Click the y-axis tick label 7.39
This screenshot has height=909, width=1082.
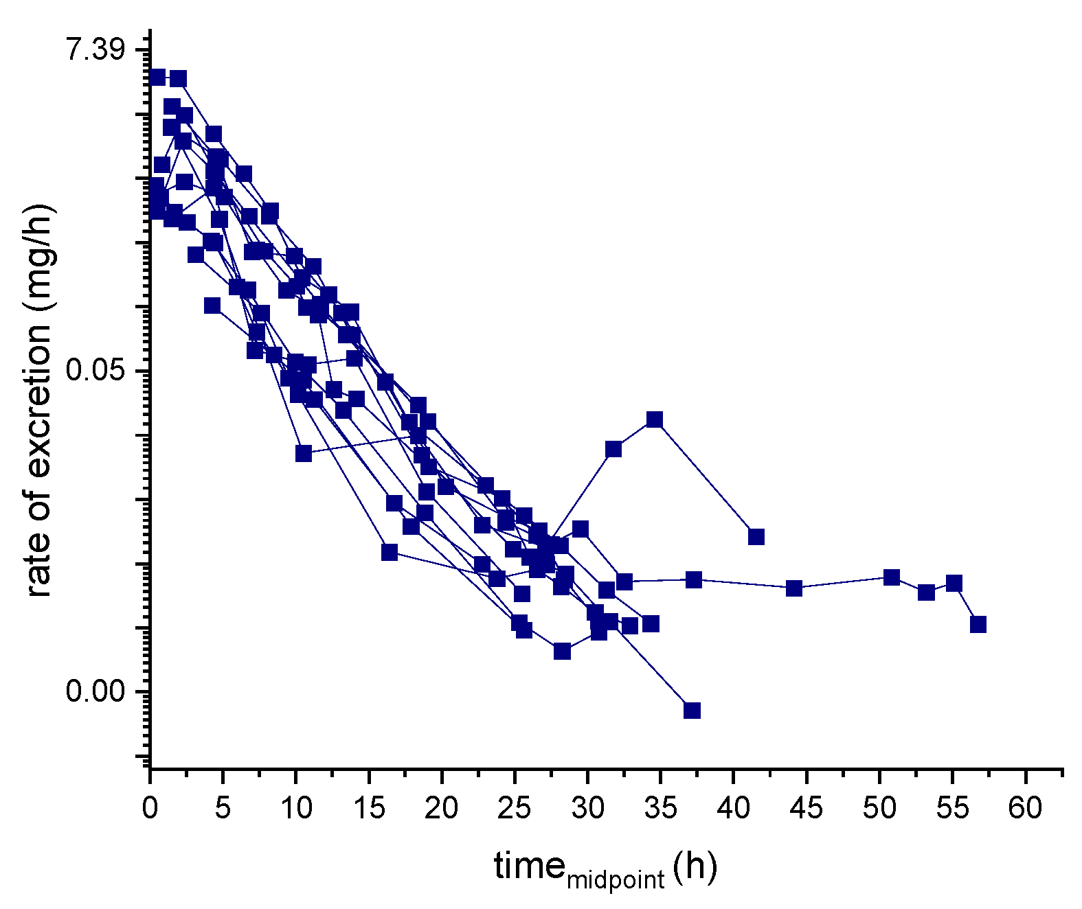pos(96,51)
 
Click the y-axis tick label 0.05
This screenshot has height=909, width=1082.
pos(96,371)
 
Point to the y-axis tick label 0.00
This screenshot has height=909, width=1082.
pos(96,691)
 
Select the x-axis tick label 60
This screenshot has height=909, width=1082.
pos(1025,809)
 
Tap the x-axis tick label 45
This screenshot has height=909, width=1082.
pos(806,809)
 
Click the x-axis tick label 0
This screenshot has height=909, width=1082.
pos(150,809)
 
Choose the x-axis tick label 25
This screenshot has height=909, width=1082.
pos(514,809)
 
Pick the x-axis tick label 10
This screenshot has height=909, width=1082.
pos(295,809)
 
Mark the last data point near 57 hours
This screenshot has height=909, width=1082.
pos(978,624)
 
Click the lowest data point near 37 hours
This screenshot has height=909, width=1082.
pos(692,710)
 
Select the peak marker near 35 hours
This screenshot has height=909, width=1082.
pos(655,419)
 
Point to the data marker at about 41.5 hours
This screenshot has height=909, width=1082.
pos(756,537)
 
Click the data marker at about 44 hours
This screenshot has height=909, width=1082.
pos(794,588)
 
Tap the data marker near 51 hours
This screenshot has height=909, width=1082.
pos(892,577)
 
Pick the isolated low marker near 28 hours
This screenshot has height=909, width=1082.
pos(562,651)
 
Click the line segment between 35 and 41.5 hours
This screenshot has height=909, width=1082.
pos(706,478)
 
